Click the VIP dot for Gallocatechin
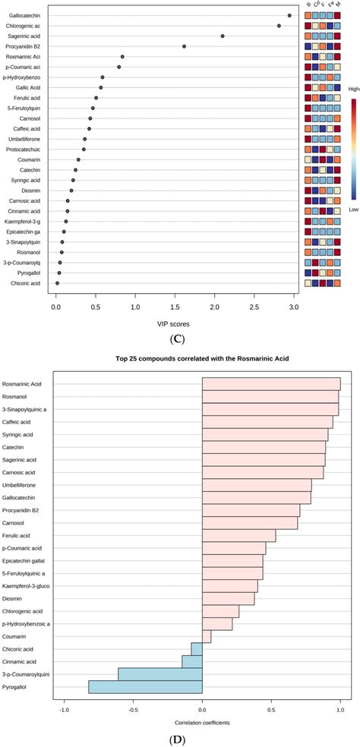pyautogui.click(x=289, y=15)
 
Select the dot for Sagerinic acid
pyautogui.click(x=223, y=36)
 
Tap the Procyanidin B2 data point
pyautogui.click(x=184, y=46)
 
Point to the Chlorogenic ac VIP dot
pyautogui.click(x=279, y=26)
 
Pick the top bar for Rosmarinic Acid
pyautogui.click(x=271, y=384)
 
